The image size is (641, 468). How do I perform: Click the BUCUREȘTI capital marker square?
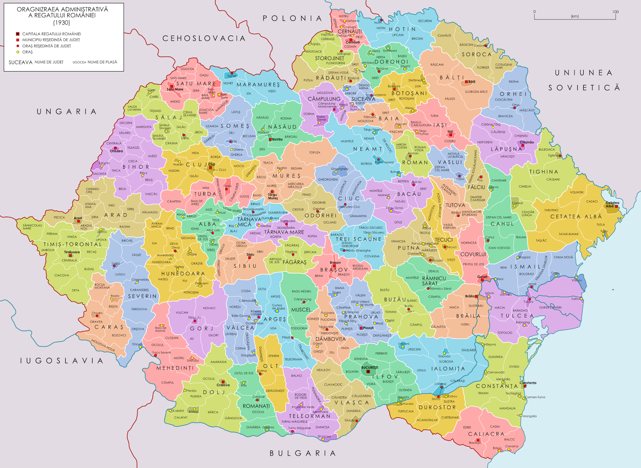368,372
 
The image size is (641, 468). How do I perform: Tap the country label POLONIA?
292,18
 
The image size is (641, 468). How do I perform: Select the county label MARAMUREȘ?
258,85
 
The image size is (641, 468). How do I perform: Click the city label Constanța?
528,383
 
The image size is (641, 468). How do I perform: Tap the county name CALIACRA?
486,434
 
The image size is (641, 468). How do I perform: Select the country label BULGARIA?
302,453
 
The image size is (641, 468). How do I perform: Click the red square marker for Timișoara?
71,256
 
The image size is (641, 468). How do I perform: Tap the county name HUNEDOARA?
183,274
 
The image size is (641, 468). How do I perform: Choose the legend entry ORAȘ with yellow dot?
27,52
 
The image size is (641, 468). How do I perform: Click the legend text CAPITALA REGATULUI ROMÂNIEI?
51,34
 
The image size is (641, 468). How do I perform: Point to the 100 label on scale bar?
615,12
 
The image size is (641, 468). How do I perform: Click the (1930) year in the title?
62,22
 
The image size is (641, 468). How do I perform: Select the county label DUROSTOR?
437,407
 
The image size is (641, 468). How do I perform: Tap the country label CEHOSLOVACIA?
204,38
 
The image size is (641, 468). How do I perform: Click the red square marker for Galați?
482,280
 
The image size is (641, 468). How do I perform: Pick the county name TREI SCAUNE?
359,239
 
